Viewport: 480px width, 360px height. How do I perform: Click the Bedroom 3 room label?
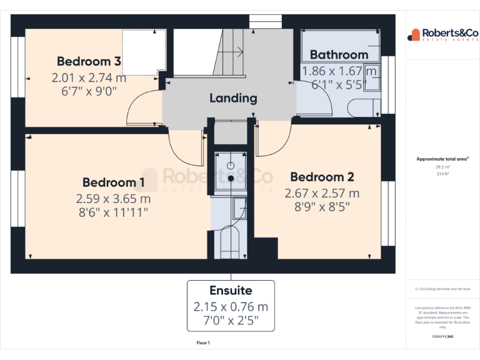[x=89, y=61]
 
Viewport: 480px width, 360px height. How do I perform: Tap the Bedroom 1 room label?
[x=114, y=182]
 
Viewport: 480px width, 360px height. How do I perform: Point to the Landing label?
[x=233, y=98]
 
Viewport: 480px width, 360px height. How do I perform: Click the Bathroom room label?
[x=339, y=54]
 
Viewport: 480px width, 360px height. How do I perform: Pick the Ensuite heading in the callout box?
[x=231, y=291]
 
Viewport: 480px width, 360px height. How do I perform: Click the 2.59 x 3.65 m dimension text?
[x=114, y=199]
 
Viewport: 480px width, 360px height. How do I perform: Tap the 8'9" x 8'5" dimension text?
[x=322, y=207]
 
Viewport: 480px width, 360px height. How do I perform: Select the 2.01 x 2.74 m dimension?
[x=89, y=78]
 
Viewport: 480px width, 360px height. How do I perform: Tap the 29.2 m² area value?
[x=442, y=167]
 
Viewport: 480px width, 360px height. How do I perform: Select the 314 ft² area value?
[x=442, y=174]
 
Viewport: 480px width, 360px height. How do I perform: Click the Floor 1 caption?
[x=203, y=343]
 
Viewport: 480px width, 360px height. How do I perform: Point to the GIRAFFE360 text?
[x=442, y=336]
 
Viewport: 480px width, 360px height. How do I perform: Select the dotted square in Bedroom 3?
[x=144, y=50]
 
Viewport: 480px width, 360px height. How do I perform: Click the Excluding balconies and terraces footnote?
[x=442, y=289]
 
